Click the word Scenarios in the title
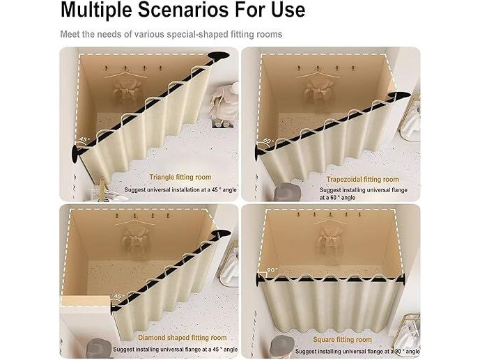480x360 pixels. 183,9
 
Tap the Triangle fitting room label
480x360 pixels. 180,177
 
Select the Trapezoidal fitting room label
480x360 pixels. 362,180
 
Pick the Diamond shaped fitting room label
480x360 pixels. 183,338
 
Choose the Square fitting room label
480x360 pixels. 342,340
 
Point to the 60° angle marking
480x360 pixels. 268,141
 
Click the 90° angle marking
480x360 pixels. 272,270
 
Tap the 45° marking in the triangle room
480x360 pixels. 84,139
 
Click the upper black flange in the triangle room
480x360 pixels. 219,56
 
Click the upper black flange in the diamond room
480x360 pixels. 222,234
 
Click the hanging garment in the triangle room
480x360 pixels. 125,88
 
